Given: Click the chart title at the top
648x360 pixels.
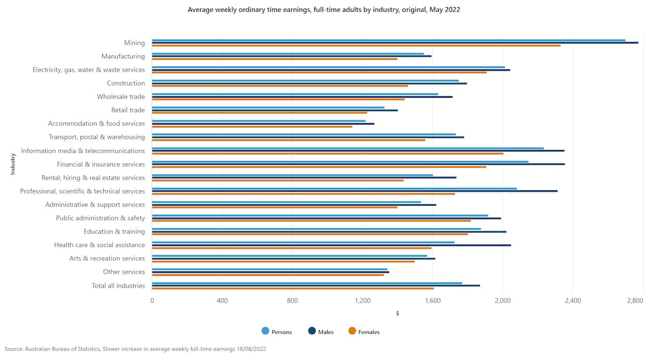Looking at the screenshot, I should [x=323, y=10].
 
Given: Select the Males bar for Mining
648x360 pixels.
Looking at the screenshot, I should [x=395, y=43].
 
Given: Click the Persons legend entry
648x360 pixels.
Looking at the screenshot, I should [x=276, y=332].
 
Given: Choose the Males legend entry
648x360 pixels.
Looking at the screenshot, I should [x=321, y=332].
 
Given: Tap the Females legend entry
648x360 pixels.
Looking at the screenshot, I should [x=364, y=332].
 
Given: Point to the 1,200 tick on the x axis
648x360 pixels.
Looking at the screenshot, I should [x=362, y=301].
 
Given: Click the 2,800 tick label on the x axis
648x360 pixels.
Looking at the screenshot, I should [x=634, y=301].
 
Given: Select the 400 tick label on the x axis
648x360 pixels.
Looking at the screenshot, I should [x=222, y=301].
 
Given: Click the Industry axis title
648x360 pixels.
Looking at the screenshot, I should [x=13, y=165].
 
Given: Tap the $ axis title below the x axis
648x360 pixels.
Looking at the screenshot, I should [x=397, y=313].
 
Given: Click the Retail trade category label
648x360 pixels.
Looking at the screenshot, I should [x=128, y=110].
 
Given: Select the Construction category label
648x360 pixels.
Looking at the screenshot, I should [x=126, y=84].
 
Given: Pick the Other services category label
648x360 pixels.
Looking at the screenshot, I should [x=124, y=272].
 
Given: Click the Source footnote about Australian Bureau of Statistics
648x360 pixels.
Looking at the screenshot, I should [x=135, y=349].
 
